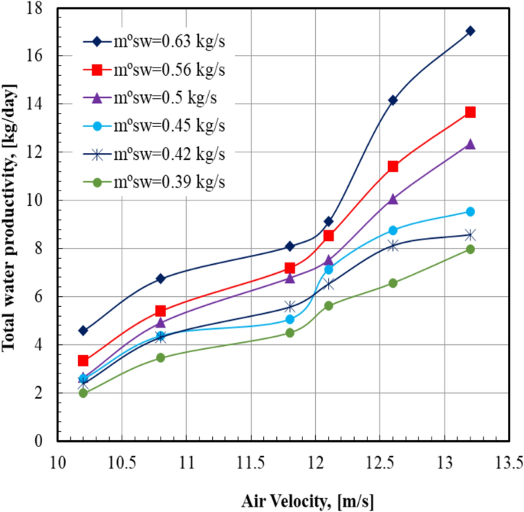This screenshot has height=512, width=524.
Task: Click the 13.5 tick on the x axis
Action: (x=508, y=464)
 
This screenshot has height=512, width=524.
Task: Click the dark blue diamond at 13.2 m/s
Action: (x=470, y=31)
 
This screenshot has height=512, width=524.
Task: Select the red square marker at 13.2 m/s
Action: (x=470, y=113)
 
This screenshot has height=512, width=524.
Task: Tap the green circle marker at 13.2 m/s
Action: (x=470, y=249)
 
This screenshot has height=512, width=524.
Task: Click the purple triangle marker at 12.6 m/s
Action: (x=392, y=199)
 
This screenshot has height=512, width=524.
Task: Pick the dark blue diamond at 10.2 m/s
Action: (x=83, y=331)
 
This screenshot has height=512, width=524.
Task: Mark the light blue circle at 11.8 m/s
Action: (x=290, y=319)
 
